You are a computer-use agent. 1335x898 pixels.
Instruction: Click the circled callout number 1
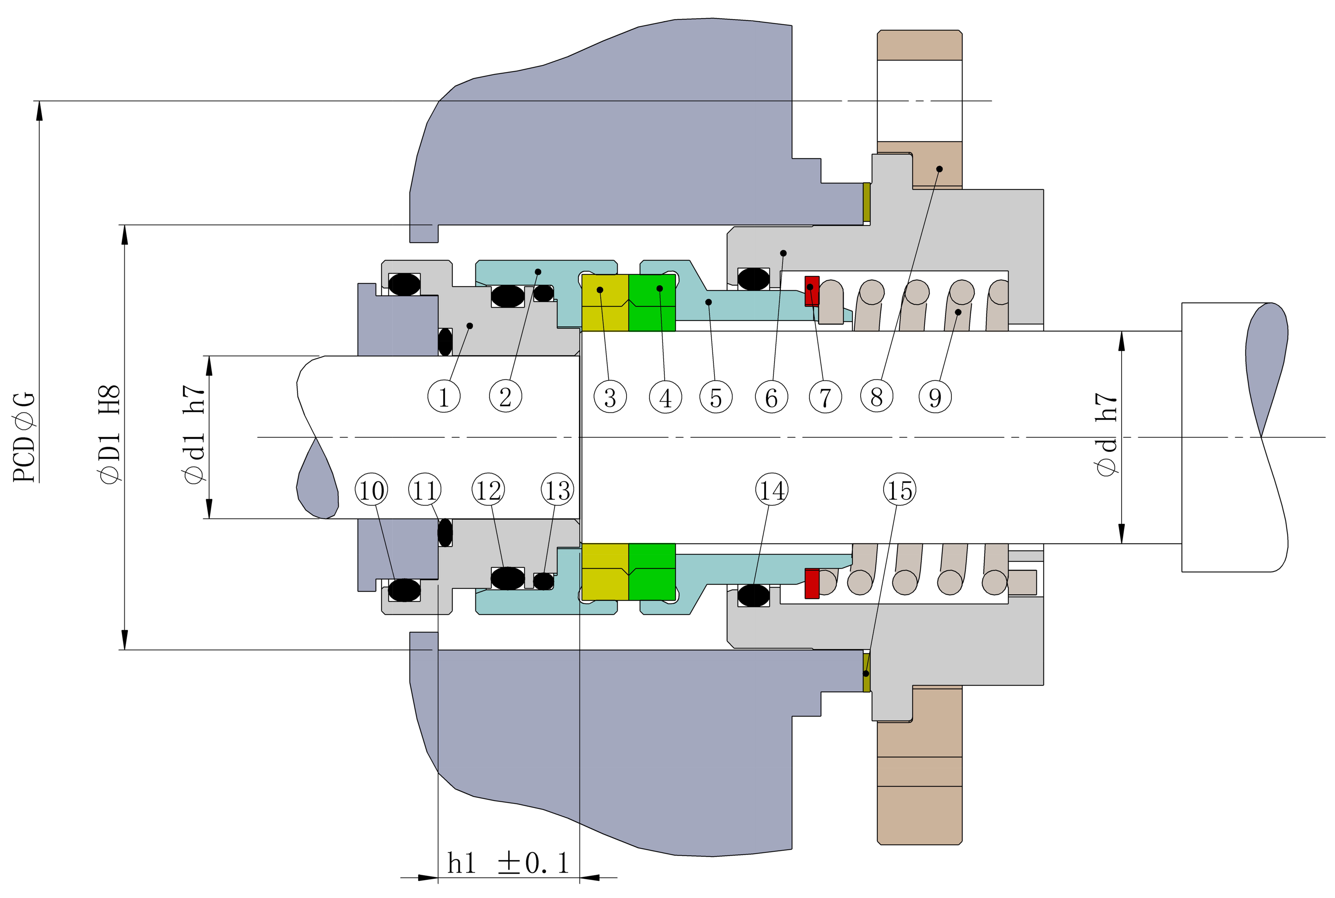(444, 396)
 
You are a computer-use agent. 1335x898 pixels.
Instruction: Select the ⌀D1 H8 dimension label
(110, 435)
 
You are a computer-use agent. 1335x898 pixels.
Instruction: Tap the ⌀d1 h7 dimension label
(193, 435)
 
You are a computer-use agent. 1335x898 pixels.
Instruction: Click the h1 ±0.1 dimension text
(508, 863)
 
